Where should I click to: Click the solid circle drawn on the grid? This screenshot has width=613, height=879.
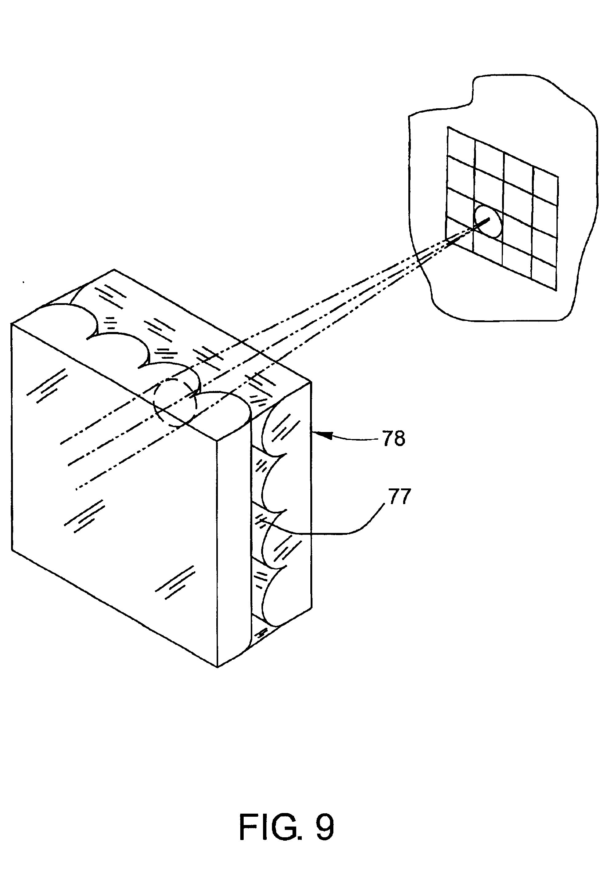(488, 221)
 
